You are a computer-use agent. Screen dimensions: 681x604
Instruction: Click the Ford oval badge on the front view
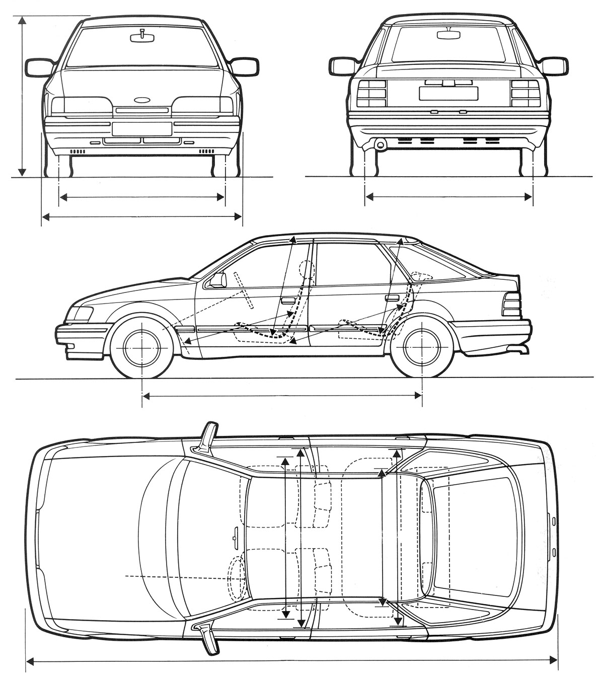tap(142, 100)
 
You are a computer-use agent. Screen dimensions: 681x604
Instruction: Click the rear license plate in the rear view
tap(448, 93)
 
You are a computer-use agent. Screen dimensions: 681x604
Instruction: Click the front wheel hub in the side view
tap(142, 347)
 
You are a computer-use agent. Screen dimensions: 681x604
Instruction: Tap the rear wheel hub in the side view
tap(422, 347)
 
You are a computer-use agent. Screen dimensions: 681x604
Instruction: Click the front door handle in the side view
tap(288, 301)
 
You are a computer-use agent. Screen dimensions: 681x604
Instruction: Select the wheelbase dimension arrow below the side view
tap(282, 396)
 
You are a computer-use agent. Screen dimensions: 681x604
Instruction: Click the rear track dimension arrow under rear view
tap(448, 196)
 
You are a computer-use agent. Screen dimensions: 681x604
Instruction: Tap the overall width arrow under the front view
tap(142, 217)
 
